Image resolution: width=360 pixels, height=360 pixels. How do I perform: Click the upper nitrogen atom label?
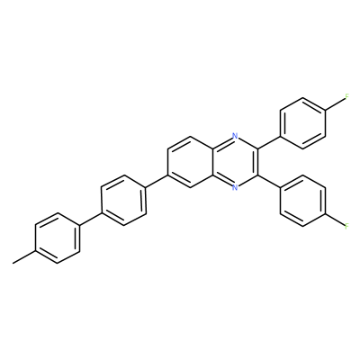236,136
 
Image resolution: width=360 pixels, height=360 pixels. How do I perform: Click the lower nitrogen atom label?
236,188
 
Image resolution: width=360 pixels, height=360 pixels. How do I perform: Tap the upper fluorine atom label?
346,97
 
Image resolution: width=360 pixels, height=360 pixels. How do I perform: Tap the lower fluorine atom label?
346,226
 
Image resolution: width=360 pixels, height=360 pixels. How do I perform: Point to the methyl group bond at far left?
24,257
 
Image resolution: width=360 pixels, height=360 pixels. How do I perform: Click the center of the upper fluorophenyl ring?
302,123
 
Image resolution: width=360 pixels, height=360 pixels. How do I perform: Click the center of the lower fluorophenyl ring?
302,201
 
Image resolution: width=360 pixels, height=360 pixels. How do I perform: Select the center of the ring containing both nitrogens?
236,162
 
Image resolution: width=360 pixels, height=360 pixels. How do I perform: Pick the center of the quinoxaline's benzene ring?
191,162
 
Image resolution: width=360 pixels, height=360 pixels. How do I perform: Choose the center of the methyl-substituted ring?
58,238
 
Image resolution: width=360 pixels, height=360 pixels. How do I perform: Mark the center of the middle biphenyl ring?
124,201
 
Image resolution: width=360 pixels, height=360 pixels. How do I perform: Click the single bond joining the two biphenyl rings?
91,220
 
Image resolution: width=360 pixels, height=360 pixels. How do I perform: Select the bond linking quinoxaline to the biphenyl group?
157,181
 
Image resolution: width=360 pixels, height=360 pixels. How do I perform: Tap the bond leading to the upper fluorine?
335,104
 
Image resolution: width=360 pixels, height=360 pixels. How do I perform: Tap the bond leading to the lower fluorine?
335,220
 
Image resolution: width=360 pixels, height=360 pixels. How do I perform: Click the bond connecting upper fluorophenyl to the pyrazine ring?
269,142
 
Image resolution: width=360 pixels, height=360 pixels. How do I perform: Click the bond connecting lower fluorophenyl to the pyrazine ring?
269,181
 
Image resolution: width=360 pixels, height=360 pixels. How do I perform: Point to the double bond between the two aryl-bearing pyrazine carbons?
256,162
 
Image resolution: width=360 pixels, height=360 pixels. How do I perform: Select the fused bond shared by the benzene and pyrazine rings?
213,162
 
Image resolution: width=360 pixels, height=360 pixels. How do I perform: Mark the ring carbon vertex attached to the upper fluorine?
325,110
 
